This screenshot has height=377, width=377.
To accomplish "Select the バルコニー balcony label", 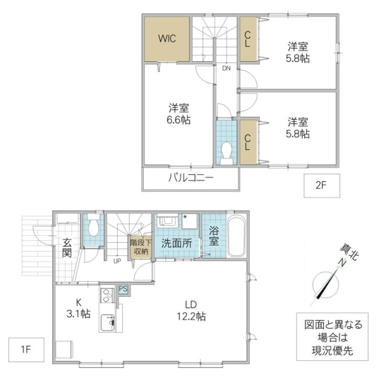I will pos(191,178).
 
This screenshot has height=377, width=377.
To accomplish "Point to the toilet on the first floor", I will pos(94,227).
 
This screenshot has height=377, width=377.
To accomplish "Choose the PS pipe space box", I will pos(123,289).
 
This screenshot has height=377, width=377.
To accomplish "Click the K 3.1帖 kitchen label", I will pos(79,308).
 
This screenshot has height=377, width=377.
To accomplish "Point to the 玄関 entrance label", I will pos(67,248).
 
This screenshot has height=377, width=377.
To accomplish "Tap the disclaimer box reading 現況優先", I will pos(329,337).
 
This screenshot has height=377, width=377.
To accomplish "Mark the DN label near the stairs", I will pos(226,68).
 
